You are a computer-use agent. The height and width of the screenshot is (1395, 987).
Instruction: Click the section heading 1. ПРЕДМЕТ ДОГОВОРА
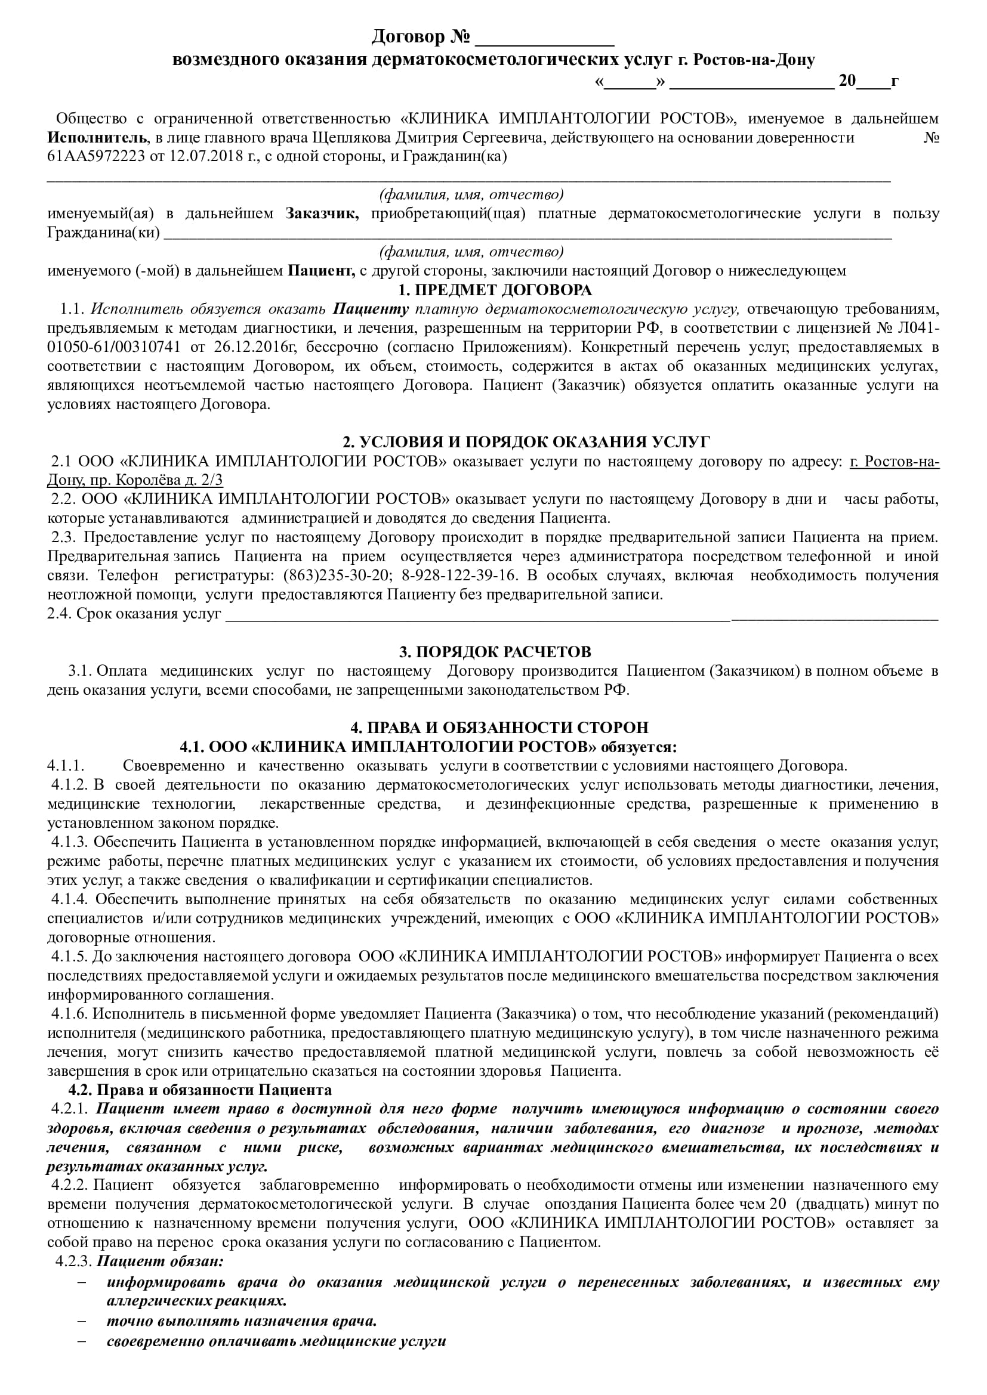click(x=494, y=290)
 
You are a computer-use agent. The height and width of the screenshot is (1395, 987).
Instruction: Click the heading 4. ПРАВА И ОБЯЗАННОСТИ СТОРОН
click(x=499, y=727)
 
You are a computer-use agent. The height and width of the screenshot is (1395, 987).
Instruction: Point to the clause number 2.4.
click(x=60, y=613)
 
